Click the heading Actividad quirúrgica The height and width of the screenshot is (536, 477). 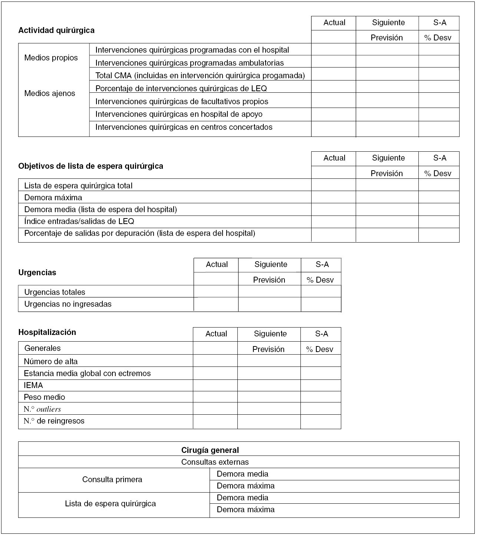56,30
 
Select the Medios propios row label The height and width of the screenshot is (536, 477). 51,58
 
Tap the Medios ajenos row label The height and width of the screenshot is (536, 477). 50,93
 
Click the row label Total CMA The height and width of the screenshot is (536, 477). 200,76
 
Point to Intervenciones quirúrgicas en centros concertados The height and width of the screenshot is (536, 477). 184,127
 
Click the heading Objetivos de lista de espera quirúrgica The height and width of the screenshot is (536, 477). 91,166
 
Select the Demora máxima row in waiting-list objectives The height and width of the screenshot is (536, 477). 53,198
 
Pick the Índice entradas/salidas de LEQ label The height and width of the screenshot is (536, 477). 79,221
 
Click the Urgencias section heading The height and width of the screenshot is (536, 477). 37,273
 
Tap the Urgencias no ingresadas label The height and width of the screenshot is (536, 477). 68,304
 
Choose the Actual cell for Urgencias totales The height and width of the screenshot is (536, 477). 216,292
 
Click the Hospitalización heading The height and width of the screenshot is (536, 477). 47,332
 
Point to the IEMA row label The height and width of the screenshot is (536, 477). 33,385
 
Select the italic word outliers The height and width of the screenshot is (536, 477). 49,410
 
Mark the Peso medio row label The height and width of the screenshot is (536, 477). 44,397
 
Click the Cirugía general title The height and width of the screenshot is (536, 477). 210,450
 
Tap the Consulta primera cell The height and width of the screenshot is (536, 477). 112,480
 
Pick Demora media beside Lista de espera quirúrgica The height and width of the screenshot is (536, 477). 242,498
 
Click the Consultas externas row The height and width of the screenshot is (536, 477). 215,462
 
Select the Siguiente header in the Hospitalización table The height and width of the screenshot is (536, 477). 270,334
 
